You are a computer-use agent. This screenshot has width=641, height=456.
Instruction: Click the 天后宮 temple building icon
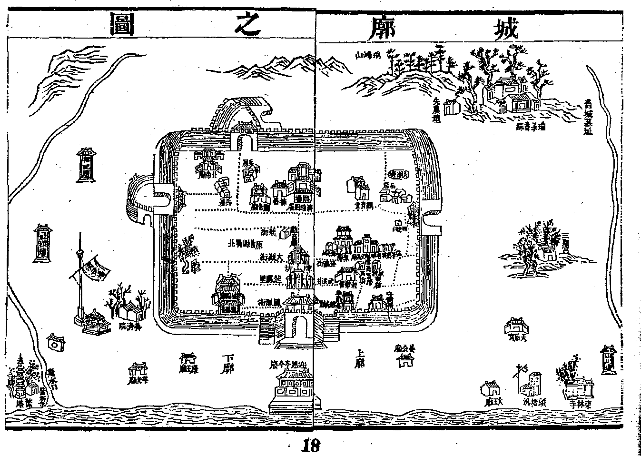click(x=516, y=326)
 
